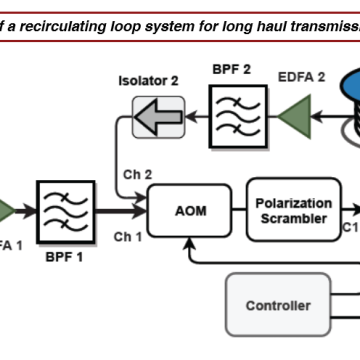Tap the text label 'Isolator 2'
pyautogui.click(x=148, y=80)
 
